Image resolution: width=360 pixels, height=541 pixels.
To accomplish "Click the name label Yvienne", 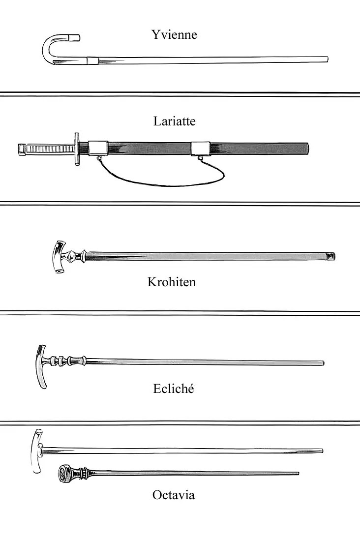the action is pos(174,35).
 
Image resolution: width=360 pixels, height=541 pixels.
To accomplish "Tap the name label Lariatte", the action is pos(174,121).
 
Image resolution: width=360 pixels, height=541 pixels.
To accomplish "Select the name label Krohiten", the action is pos(172,282).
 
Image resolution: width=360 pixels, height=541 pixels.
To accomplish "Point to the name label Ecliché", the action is pos(174,389).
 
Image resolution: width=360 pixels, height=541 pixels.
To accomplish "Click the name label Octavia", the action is pos(174,495).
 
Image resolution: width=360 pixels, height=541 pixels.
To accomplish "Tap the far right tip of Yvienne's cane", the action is pos(327,59).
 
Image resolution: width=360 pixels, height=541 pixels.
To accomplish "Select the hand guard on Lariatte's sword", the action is pos(77,149).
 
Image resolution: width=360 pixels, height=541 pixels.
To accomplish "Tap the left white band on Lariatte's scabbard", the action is pos(98,149).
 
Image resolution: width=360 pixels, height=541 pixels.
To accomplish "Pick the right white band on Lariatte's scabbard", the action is pos(201,149).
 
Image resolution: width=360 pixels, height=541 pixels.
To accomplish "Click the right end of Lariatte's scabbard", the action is pos(307,149).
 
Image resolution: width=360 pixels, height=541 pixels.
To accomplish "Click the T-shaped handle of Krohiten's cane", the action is pos(60,256).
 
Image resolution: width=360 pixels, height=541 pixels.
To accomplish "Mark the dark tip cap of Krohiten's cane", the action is pos(330,256).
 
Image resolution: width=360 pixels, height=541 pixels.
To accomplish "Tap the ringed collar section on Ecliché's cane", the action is pos(67,361).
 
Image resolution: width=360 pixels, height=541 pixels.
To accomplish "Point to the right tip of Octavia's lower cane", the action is pos(298,474).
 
